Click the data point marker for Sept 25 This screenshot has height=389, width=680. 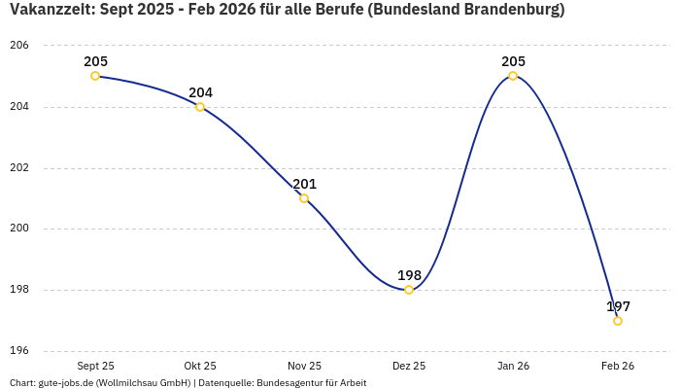[x=95, y=76]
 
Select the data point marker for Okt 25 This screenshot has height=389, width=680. [x=200, y=107]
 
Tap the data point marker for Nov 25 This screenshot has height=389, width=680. [x=304, y=198]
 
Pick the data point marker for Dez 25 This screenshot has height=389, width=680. [x=409, y=290]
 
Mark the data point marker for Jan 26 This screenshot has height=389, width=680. [x=513, y=76]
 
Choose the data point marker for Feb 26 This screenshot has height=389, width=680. [x=618, y=321]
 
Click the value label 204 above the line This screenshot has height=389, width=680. [x=200, y=92]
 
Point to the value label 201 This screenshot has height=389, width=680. [x=304, y=184]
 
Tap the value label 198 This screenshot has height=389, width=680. [x=409, y=275]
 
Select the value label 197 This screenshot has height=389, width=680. [x=618, y=306]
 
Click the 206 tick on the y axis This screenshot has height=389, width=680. [x=19, y=46]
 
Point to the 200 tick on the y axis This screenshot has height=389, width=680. [x=19, y=229]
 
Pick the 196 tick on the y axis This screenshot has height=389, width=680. [x=19, y=351]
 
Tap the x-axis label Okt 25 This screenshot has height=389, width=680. [x=200, y=366]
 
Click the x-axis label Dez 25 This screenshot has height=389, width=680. [x=409, y=366]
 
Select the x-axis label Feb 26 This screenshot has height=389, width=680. [x=618, y=366]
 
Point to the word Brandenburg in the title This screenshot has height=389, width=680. [x=507, y=10]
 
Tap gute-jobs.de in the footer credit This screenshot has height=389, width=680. [x=65, y=383]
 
